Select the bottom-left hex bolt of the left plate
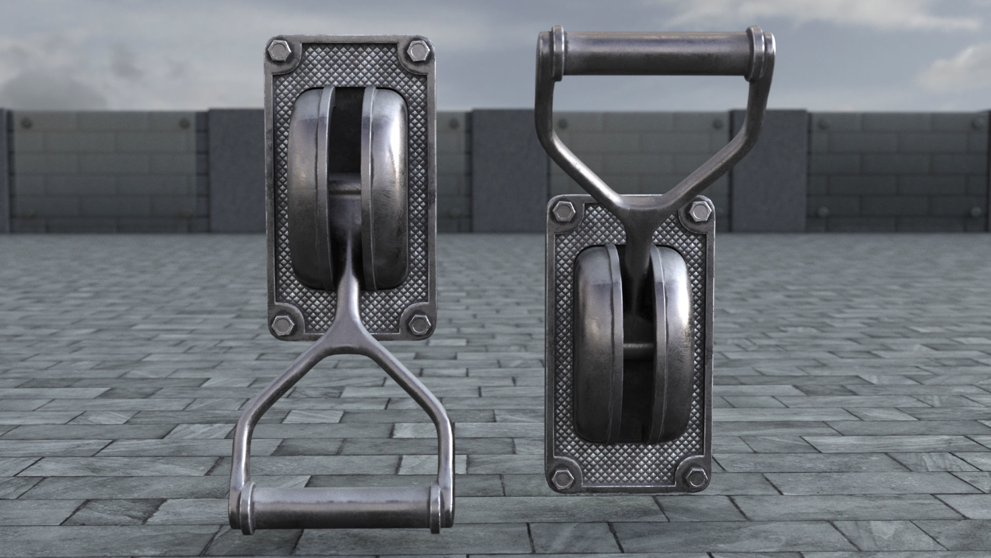[x=282, y=324]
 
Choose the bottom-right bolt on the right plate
[x=697, y=477]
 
